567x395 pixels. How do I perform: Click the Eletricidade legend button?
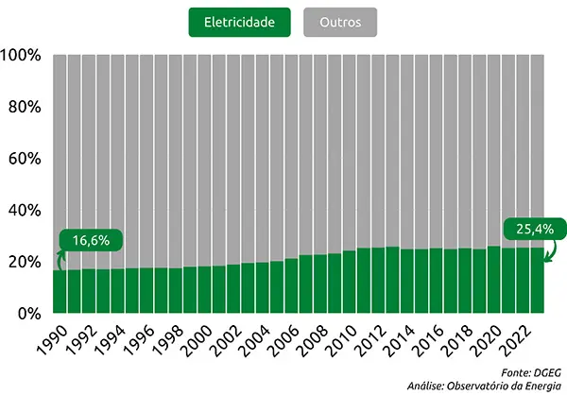[241, 22]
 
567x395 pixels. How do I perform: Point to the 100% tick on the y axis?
[21, 56]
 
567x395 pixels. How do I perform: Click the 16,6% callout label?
[91, 240]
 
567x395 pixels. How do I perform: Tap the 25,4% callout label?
[535, 229]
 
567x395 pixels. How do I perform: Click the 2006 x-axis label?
[283, 338]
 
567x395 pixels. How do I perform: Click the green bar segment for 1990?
[60, 291]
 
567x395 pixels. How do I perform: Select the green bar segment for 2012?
[378, 280]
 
